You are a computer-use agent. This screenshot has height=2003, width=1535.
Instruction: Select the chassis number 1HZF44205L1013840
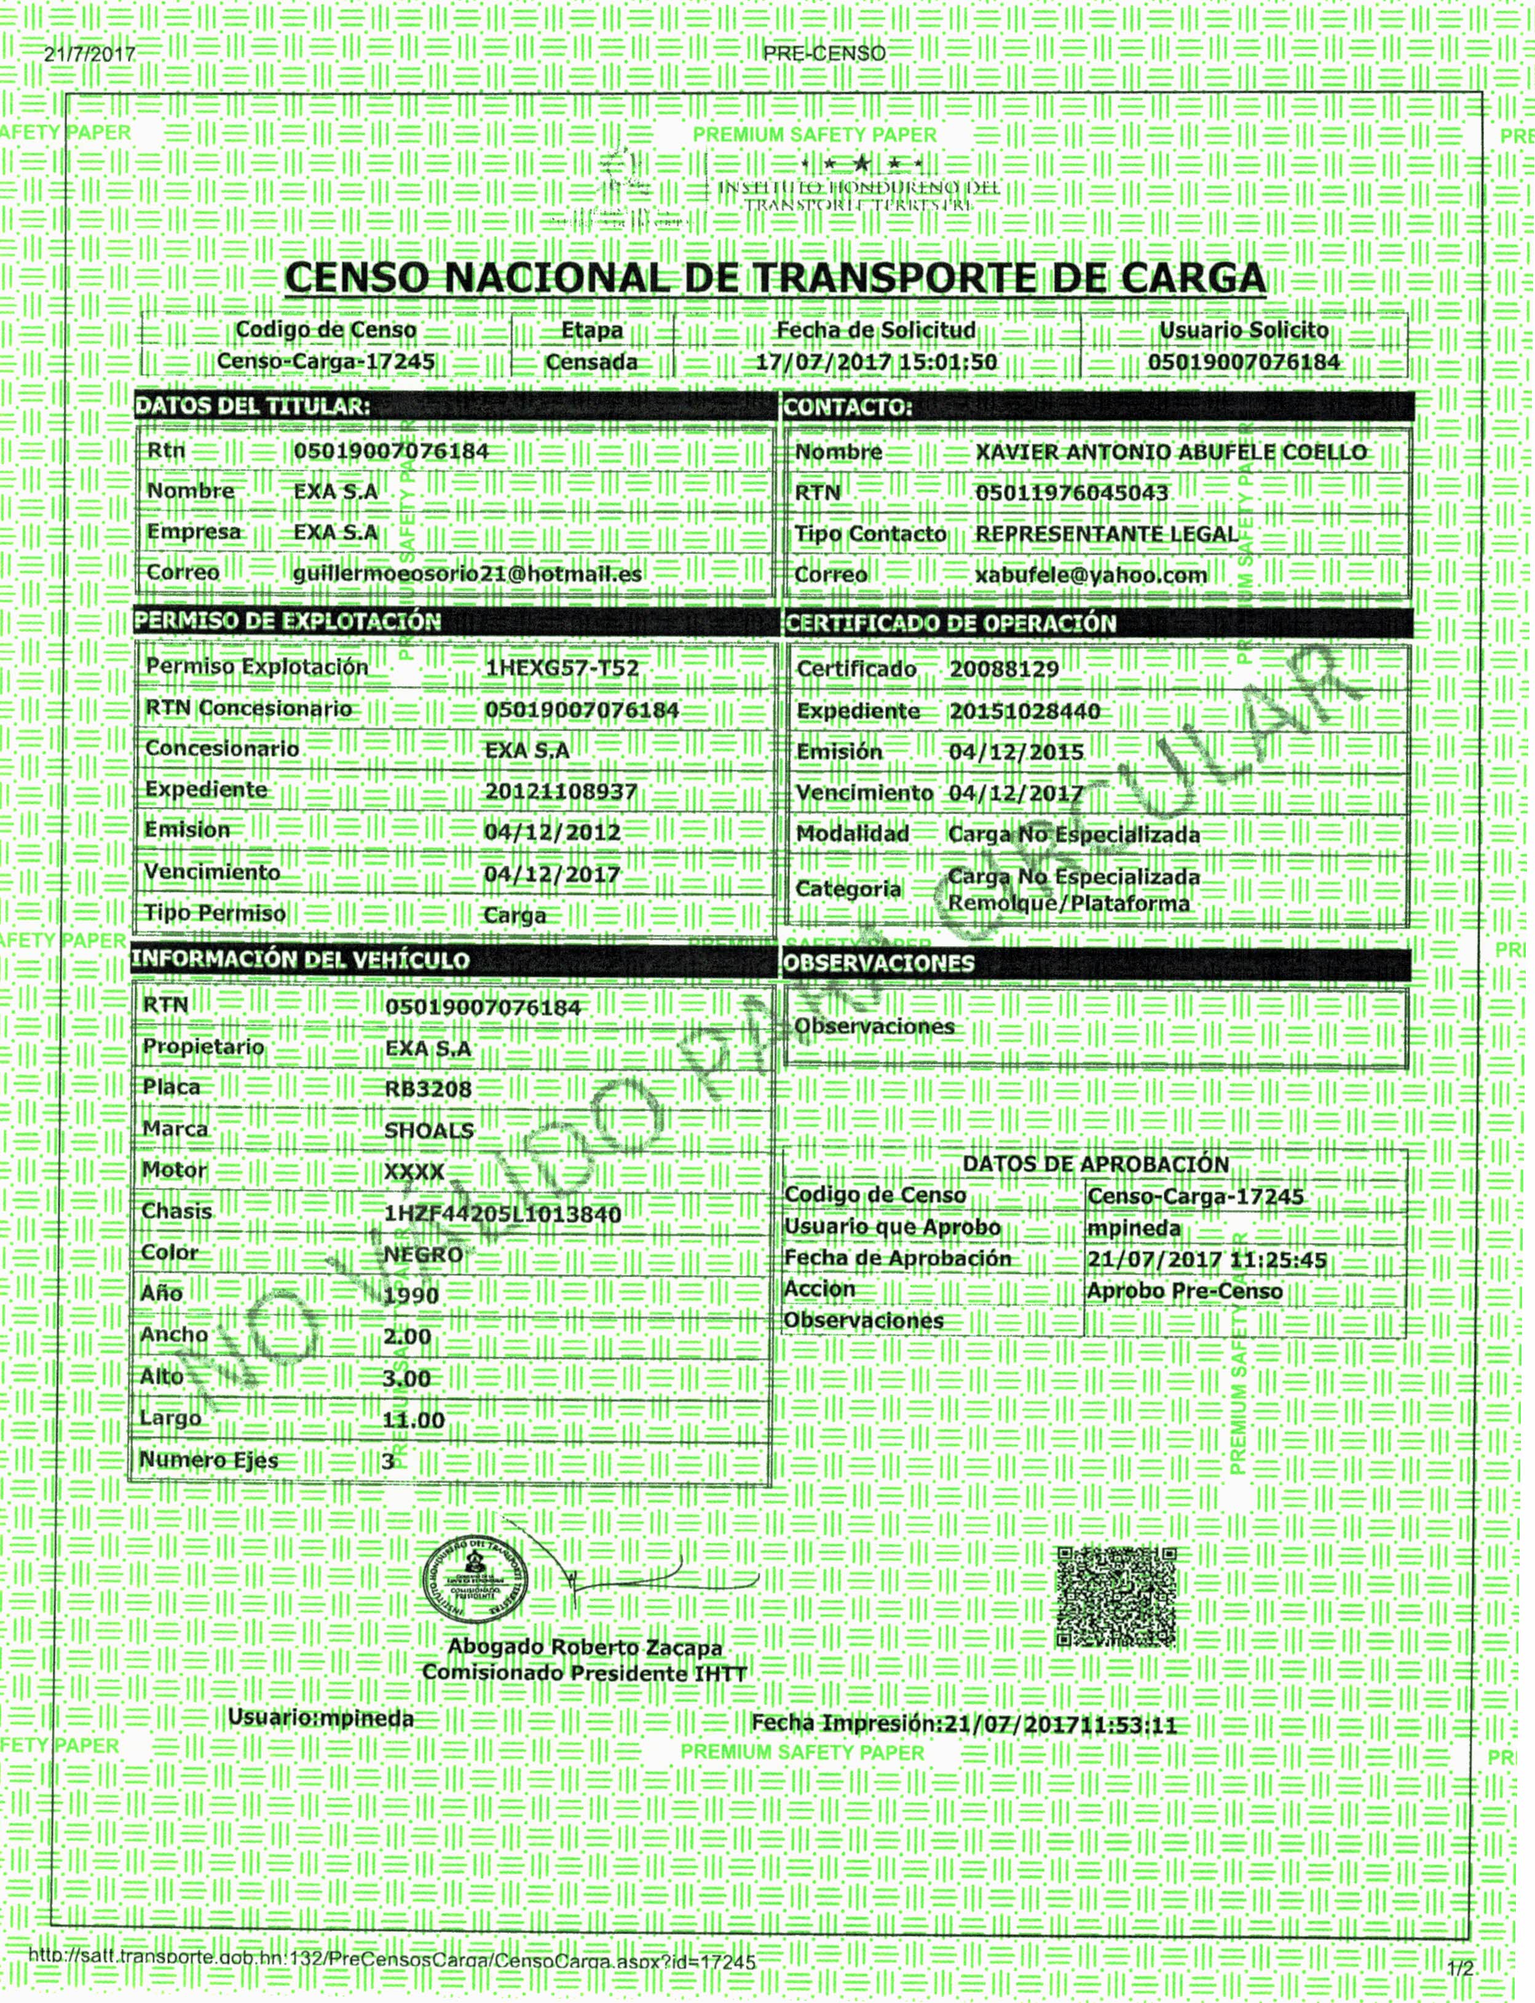tap(502, 1214)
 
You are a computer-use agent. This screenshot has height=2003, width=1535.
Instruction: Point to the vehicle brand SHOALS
tap(428, 1131)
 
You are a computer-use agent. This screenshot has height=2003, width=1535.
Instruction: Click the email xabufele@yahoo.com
tap(1091, 575)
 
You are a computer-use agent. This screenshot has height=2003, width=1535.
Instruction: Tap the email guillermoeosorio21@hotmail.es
tap(467, 574)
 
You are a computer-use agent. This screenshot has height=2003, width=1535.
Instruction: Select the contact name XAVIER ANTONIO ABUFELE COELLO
tap(1170, 452)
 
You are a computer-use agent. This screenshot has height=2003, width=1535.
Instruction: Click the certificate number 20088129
tap(1003, 669)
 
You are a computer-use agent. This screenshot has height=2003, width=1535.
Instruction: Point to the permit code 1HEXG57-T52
tap(561, 668)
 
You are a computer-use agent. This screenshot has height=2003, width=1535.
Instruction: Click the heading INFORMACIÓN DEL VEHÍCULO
tap(301, 960)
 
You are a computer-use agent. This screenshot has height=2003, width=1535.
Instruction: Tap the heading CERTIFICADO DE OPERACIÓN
tap(950, 624)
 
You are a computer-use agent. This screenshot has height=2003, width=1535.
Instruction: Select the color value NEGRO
tap(423, 1255)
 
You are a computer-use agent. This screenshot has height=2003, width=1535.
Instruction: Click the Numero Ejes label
tap(208, 1460)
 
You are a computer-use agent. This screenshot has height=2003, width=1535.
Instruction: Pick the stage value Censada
tap(591, 363)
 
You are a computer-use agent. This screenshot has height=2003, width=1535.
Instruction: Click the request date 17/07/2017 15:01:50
tap(875, 362)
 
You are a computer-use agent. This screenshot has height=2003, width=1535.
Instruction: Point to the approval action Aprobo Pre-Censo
tap(1184, 1291)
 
